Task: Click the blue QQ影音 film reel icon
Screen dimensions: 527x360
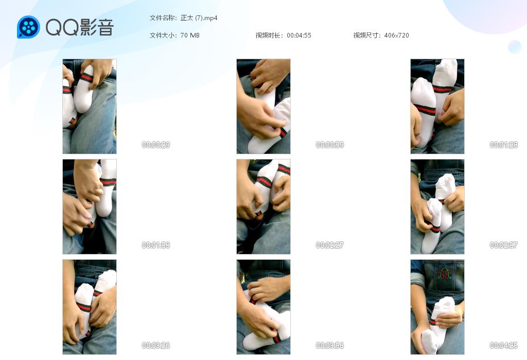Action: pyautogui.click(x=29, y=27)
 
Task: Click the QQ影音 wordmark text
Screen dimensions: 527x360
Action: pyautogui.click(x=80, y=27)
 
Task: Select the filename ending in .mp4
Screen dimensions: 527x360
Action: pyautogui.click(x=199, y=18)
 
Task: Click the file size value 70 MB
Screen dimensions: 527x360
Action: pyautogui.click(x=190, y=35)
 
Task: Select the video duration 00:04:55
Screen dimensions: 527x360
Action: pyautogui.click(x=299, y=35)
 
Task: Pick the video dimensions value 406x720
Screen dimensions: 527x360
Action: pyautogui.click(x=397, y=35)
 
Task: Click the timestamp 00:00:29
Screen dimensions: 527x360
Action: pyautogui.click(x=155, y=145)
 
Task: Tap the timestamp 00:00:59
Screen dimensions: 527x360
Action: pyautogui.click(x=330, y=145)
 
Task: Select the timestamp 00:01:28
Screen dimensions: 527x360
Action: pyautogui.click(x=503, y=145)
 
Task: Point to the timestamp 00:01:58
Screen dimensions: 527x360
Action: pyautogui.click(x=155, y=245)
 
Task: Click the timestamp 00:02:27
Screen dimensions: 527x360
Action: pyautogui.click(x=330, y=245)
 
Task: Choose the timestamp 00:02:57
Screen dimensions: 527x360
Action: pyautogui.click(x=503, y=245)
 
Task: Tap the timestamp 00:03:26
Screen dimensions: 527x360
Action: pyautogui.click(x=155, y=345)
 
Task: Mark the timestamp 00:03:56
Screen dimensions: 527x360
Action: pyautogui.click(x=330, y=345)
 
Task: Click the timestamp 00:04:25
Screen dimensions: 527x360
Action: pyautogui.click(x=503, y=345)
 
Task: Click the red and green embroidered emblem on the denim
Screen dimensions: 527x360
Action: pyautogui.click(x=444, y=274)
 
